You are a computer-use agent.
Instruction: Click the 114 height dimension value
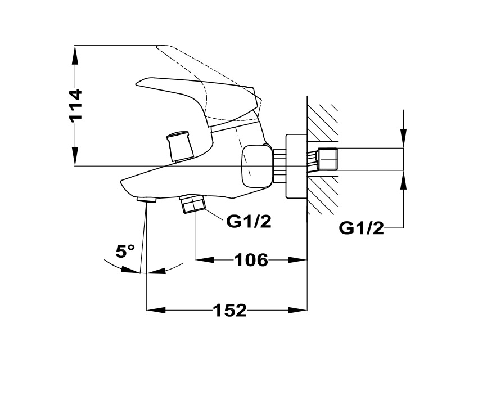click(75, 105)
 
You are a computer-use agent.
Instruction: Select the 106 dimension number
click(250, 260)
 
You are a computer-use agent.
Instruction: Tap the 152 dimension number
click(230, 309)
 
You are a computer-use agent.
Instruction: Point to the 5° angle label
click(125, 251)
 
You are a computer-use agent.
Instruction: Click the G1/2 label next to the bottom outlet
click(249, 222)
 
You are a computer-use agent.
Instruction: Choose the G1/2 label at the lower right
click(362, 228)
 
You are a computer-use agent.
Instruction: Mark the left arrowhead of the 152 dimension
click(155, 309)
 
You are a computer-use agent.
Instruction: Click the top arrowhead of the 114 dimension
click(75, 53)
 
